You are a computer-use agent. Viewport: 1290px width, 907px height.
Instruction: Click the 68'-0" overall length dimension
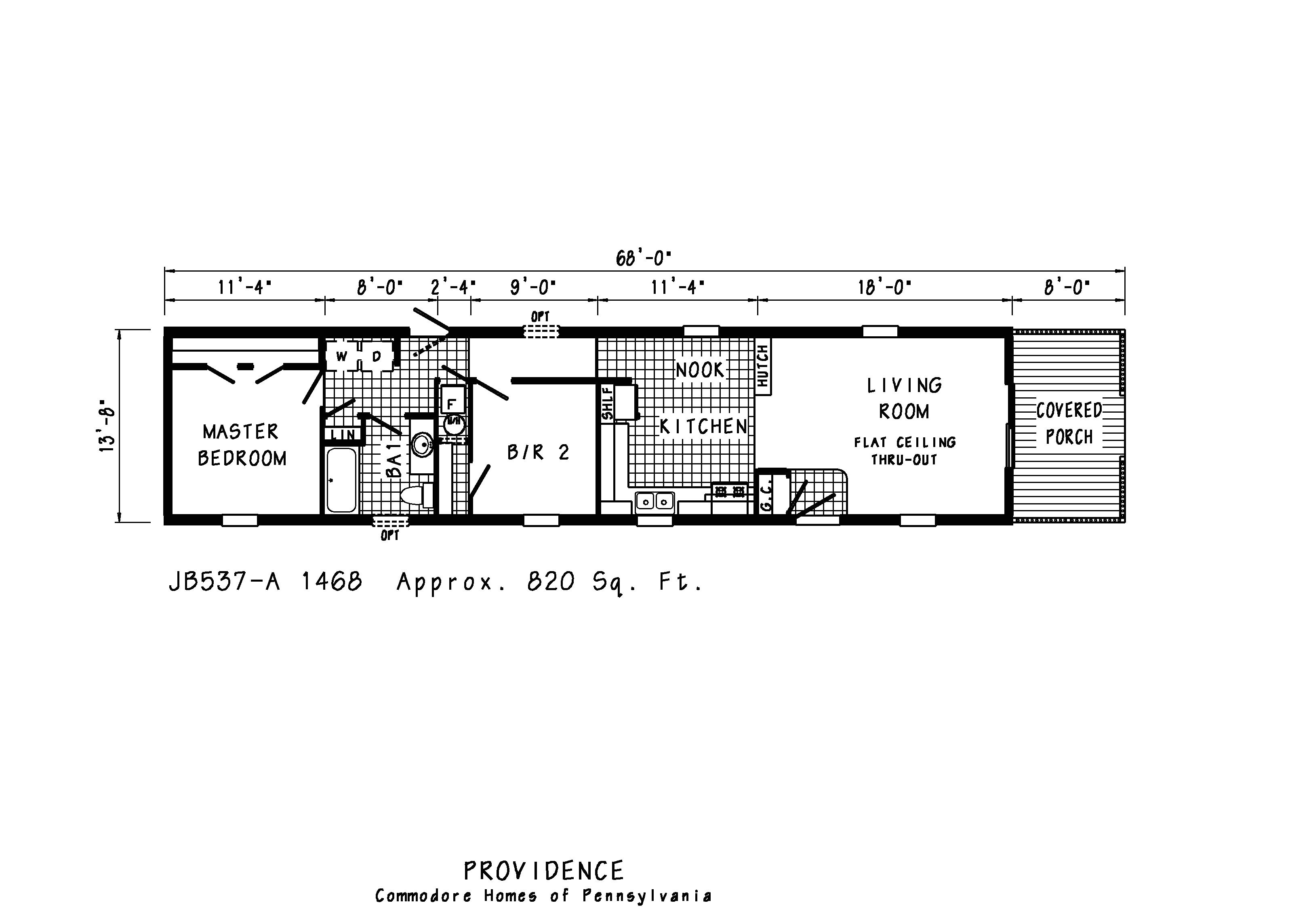[x=643, y=259]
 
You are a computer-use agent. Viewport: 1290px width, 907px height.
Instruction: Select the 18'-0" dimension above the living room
[x=884, y=288]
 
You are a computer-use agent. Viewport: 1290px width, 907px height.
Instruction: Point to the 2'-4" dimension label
[x=453, y=288]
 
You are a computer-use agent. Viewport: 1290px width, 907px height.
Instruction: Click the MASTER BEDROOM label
[x=242, y=445]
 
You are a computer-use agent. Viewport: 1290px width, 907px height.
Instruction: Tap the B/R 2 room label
[x=538, y=452]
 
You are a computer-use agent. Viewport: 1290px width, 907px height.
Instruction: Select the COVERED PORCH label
[x=1069, y=424]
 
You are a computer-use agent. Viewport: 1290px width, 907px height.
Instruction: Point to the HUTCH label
[x=762, y=366]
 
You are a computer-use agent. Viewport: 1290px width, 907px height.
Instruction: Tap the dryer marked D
[x=377, y=356]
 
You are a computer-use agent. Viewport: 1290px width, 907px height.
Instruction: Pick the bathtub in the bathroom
[x=341, y=481]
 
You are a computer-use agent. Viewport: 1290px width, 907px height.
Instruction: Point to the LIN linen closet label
[x=343, y=435]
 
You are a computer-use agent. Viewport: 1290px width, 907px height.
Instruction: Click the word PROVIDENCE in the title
[x=543, y=871]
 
